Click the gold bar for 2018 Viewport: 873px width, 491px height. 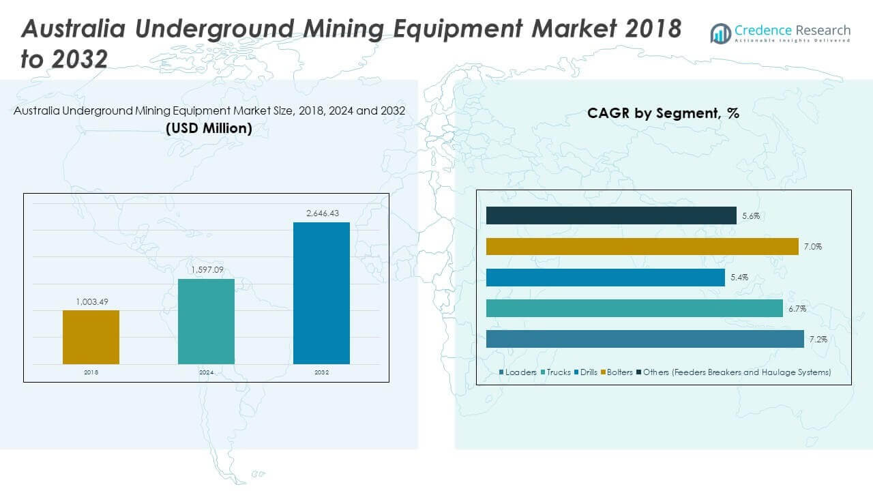pos(91,337)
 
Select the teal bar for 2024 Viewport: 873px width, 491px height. pos(206,321)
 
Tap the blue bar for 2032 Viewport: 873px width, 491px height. pos(321,293)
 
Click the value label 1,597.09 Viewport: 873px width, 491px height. pos(206,270)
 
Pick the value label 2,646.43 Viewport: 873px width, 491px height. pos(321,213)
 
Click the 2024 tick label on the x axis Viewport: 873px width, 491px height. pos(206,372)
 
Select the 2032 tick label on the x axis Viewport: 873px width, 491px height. pos(321,372)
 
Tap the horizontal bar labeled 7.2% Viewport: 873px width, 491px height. pos(645,339)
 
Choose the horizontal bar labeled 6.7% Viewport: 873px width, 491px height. pos(634,308)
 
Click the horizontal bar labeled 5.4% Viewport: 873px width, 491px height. pos(605,278)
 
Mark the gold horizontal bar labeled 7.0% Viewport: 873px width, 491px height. pos(642,246)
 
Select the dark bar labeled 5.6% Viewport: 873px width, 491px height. pos(611,215)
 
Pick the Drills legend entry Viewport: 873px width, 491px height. pos(586,372)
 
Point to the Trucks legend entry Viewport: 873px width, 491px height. pos(555,372)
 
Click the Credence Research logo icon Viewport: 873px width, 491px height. pos(721,33)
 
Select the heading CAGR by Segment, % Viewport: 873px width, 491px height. pos(663,113)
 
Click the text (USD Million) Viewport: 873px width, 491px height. pos(209,128)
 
